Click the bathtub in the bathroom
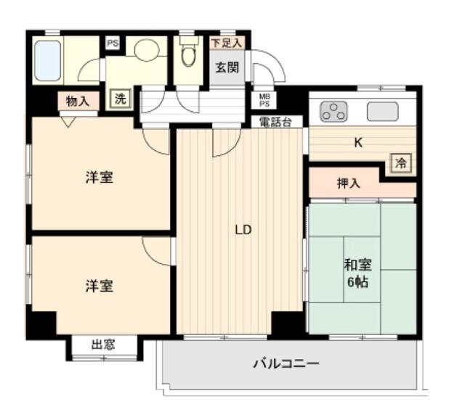tap(48, 60)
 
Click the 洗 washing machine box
tap(120, 99)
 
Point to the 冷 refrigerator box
tap(400, 162)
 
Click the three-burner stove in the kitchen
tap(334, 112)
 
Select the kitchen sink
tap(382, 112)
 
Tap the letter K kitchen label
tap(357, 143)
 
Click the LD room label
tap(242, 231)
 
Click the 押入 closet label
tap(348, 184)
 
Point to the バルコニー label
tap(285, 363)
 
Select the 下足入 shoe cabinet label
tap(226, 43)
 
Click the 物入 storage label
tap(77, 101)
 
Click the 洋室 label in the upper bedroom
tap(99, 177)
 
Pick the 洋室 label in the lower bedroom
tap(99, 285)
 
